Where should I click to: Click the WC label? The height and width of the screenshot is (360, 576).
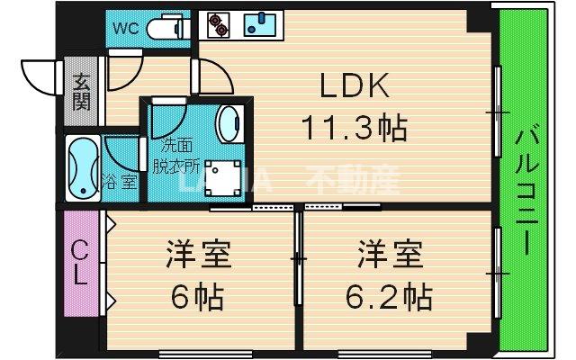tap(126, 27)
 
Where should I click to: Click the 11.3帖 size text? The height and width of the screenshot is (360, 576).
tap(355, 129)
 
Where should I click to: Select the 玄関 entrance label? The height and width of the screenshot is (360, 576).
tap(80, 91)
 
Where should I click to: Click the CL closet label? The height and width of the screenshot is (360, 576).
tap(79, 260)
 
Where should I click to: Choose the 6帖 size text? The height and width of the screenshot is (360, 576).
tap(199, 294)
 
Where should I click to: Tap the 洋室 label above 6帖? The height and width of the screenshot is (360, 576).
tap(199, 255)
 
